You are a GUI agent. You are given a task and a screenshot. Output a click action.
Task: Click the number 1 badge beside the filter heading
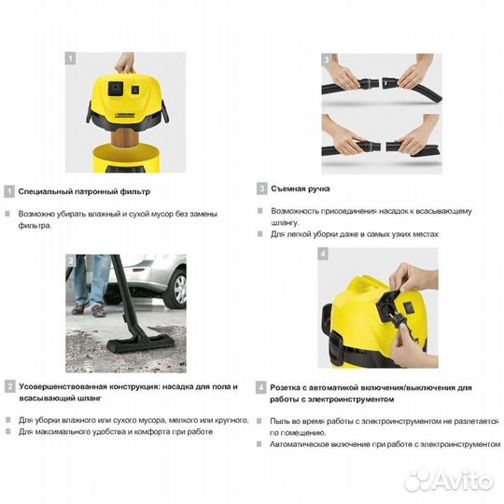[x=8, y=191]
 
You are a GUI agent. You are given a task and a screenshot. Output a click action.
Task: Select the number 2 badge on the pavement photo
[x=71, y=260]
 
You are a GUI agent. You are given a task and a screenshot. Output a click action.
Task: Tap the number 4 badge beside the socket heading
[x=262, y=386]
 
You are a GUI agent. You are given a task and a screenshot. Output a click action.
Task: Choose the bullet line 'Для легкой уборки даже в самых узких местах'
[x=355, y=234]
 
